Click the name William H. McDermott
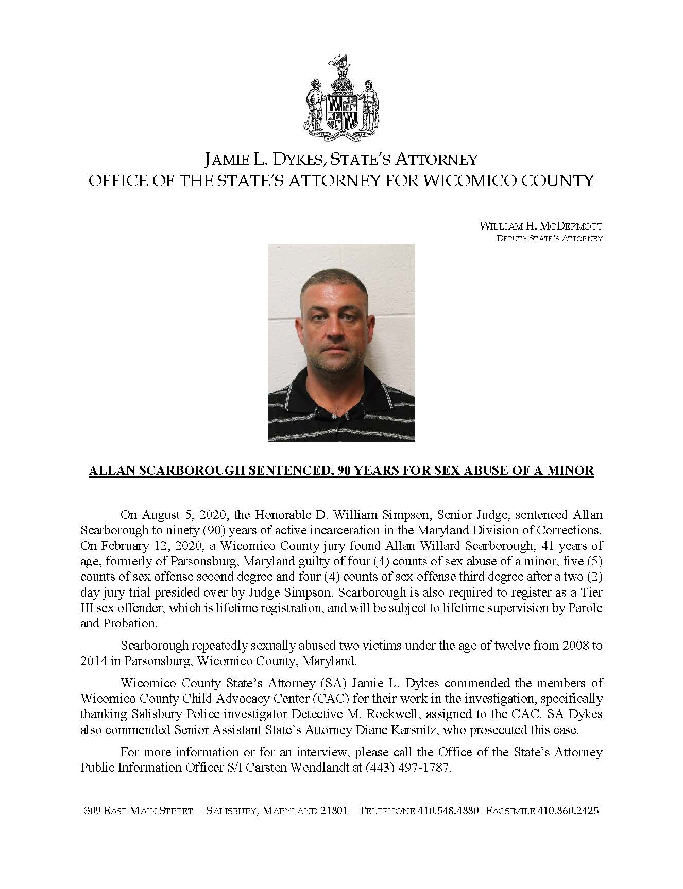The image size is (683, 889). pos(540,226)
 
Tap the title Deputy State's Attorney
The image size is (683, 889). pos(549,239)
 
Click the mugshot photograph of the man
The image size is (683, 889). pos(341,342)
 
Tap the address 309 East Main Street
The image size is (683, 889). pos(138,811)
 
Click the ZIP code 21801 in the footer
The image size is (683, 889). pos(334,811)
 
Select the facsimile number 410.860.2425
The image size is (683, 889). pos(568,811)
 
